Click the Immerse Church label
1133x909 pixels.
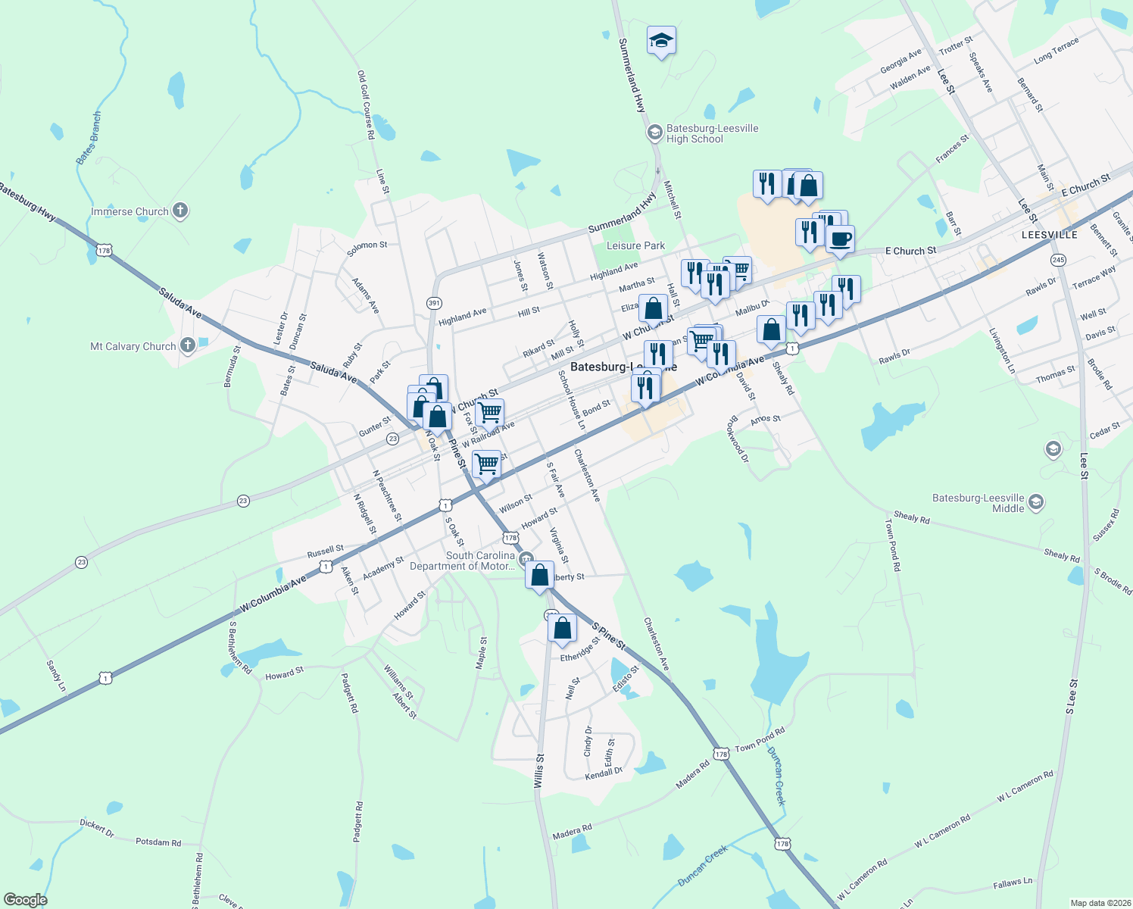point(130,211)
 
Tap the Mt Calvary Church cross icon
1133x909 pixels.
point(188,346)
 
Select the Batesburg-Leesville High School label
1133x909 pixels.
point(712,133)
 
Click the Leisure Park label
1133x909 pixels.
point(635,245)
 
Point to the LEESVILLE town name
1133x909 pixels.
point(1049,235)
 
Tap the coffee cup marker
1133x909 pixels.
point(840,240)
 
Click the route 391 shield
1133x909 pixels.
point(434,303)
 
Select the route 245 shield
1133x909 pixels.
point(1058,260)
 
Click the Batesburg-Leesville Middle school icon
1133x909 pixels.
point(1036,502)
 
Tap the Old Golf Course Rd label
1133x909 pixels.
point(366,105)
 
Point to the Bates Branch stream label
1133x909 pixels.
point(89,138)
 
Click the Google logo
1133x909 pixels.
point(25,899)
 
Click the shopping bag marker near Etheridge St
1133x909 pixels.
point(562,628)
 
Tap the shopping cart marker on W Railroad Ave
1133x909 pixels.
point(490,414)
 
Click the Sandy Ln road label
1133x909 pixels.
point(56,676)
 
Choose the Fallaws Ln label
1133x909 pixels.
point(1013,883)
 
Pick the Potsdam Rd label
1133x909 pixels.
point(158,842)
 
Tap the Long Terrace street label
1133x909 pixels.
point(1056,52)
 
